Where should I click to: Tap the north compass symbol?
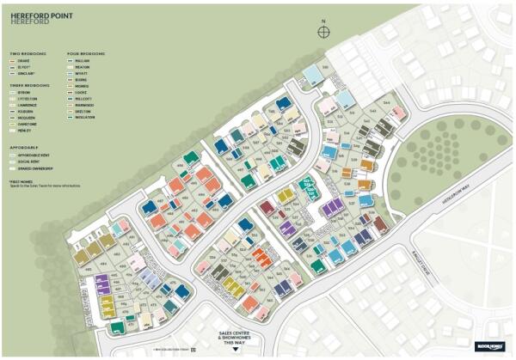tap(323, 32)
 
